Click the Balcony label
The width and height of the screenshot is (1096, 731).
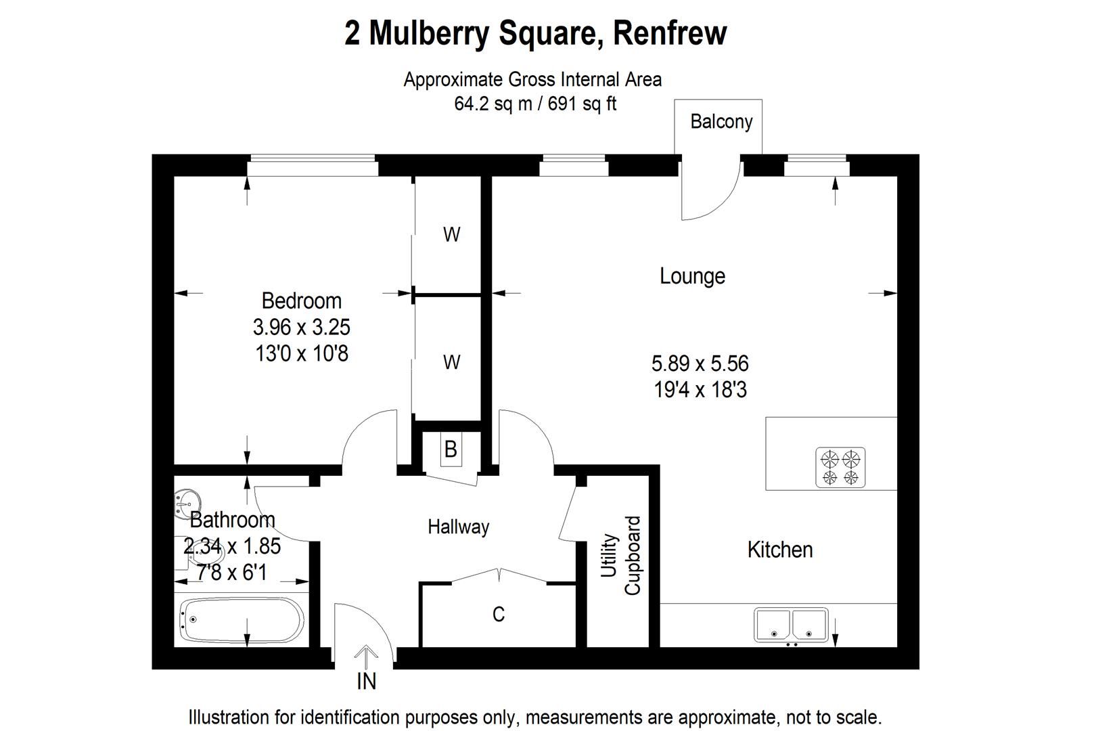click(721, 122)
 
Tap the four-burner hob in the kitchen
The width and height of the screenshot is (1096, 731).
click(840, 467)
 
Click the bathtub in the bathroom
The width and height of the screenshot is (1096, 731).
click(242, 619)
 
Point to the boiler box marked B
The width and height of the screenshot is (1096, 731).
click(451, 449)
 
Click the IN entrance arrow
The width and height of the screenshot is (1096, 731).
click(366, 657)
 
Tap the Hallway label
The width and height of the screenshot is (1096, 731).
click(459, 527)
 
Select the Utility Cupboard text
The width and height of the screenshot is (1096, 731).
click(620, 555)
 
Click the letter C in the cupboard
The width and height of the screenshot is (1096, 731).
click(499, 614)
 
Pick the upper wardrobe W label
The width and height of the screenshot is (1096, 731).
click(452, 234)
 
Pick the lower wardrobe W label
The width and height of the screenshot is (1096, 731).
click(452, 362)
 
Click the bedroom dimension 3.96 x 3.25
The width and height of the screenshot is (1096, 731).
click(302, 327)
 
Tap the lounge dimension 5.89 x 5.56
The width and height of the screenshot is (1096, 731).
click(700, 363)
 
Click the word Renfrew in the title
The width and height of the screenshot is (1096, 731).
click(670, 32)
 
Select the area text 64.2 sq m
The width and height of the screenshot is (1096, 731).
click(493, 104)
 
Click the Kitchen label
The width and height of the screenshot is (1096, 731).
click(780, 550)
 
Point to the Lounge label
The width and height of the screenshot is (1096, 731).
click(692, 276)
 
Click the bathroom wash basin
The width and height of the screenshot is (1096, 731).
click(187, 504)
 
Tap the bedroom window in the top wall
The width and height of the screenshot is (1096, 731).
click(313, 166)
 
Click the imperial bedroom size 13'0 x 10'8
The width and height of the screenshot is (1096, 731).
click(302, 353)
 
